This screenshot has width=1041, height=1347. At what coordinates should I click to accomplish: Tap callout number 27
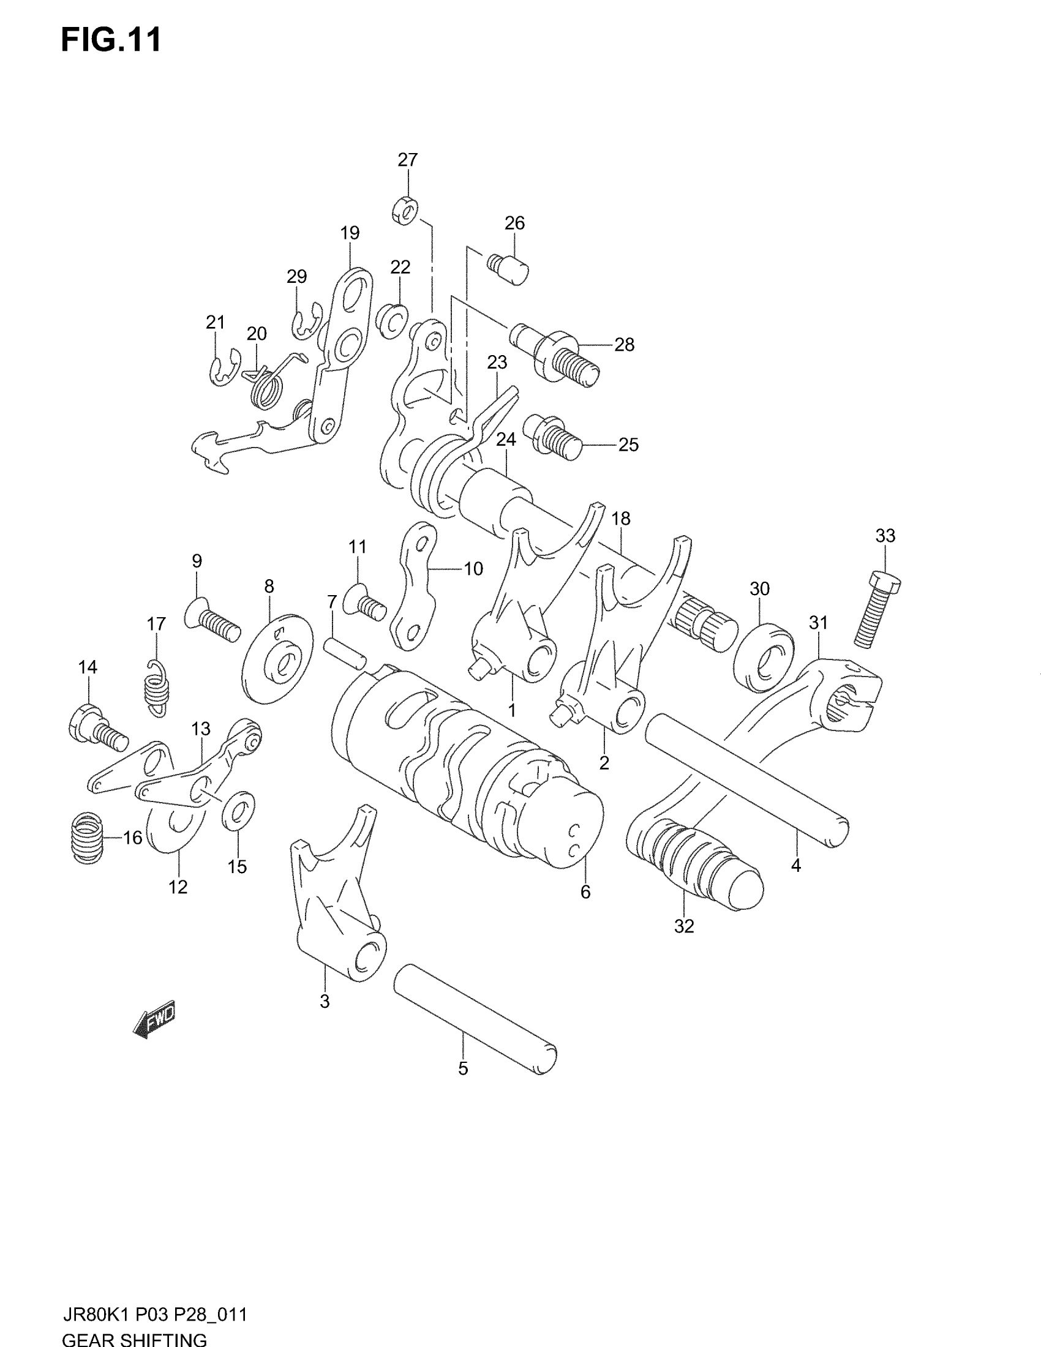(x=408, y=160)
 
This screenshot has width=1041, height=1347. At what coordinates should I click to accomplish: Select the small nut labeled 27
(x=404, y=211)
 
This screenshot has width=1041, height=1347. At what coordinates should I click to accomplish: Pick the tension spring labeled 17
(x=157, y=688)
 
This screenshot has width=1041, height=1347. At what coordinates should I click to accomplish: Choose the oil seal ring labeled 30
(x=763, y=658)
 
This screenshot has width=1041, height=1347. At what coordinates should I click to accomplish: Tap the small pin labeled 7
(x=345, y=652)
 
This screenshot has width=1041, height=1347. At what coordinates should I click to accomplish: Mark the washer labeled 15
(x=238, y=811)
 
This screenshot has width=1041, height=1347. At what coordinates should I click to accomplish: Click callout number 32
(x=684, y=943)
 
